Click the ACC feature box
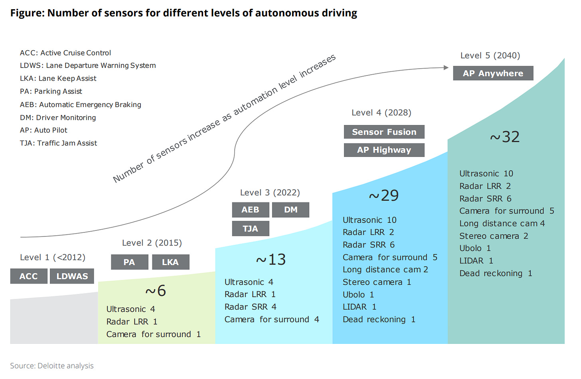[x=29, y=276]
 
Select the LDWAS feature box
[x=72, y=276]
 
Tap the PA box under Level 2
[x=129, y=262]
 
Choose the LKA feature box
[x=170, y=262]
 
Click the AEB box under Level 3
[x=250, y=210]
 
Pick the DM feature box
[x=290, y=210]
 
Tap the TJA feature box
[x=250, y=228]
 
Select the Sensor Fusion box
[x=384, y=132]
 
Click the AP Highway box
[x=384, y=150]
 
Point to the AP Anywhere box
[x=493, y=73]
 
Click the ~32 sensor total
[x=505, y=137]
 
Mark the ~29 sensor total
[x=383, y=196]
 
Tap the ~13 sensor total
[x=271, y=260]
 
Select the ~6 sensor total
[x=156, y=291]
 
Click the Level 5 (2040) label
[x=490, y=56]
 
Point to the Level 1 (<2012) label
[x=53, y=257]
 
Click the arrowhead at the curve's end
[x=446, y=67]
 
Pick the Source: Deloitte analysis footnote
[x=52, y=366]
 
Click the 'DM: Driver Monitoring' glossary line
[x=58, y=117]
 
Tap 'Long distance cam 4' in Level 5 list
[x=502, y=224]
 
